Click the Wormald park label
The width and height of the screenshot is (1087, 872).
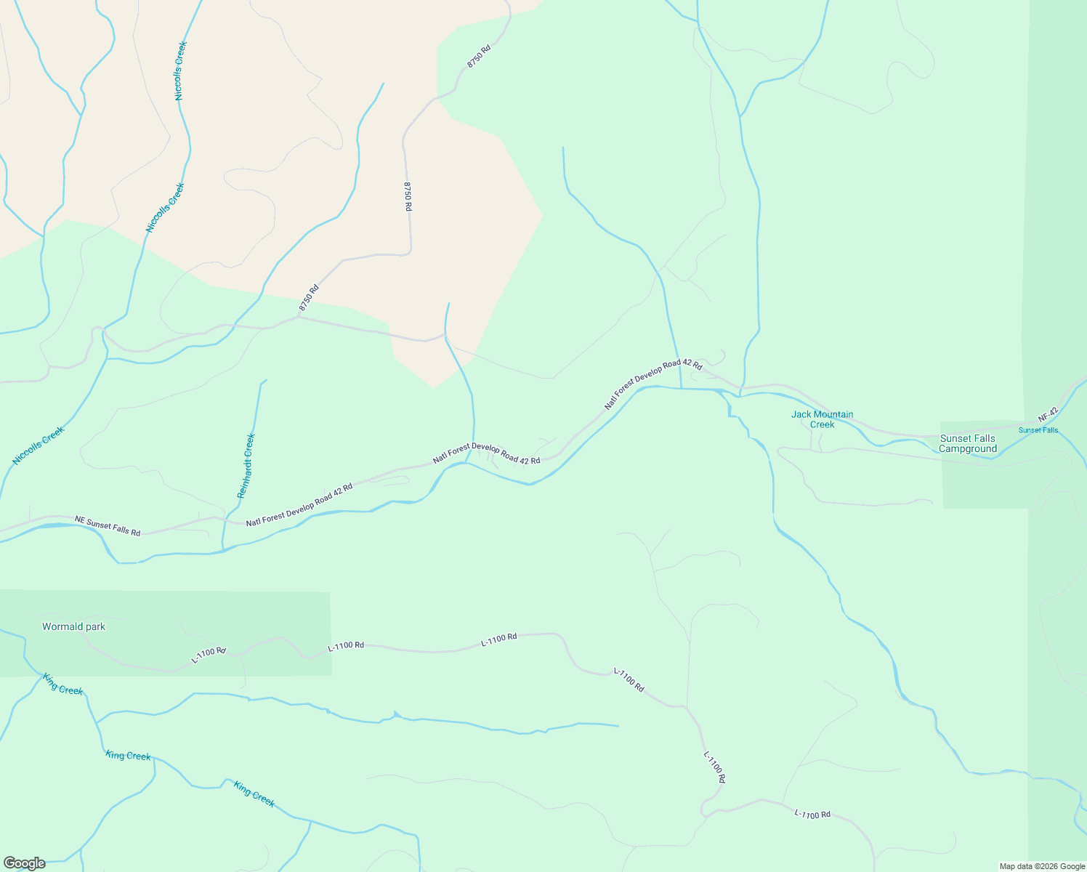[x=73, y=626]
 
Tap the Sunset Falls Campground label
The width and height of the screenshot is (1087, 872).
[x=967, y=443]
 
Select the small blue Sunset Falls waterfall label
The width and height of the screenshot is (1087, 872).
[x=1038, y=430]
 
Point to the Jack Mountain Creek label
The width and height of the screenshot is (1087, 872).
[x=822, y=419]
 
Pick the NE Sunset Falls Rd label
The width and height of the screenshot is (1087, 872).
[x=108, y=526]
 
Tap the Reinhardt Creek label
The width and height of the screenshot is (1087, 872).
[x=247, y=466]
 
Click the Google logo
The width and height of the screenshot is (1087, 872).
[x=24, y=863]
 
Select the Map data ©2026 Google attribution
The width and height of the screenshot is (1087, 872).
[x=1041, y=866]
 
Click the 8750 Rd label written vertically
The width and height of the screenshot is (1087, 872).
[x=408, y=196]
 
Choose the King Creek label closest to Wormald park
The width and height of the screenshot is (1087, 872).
[x=62, y=685]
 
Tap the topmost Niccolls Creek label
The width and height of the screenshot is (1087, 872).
[x=181, y=70]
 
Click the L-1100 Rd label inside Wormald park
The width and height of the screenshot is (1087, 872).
[x=209, y=655]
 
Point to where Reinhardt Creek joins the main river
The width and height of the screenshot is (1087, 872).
[x=222, y=550]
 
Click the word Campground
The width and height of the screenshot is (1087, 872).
[x=967, y=449]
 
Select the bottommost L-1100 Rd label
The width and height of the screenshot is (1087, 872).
[x=812, y=814]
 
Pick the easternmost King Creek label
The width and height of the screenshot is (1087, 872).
[x=254, y=794]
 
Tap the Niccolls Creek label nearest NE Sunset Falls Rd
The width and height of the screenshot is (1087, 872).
[x=39, y=445]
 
